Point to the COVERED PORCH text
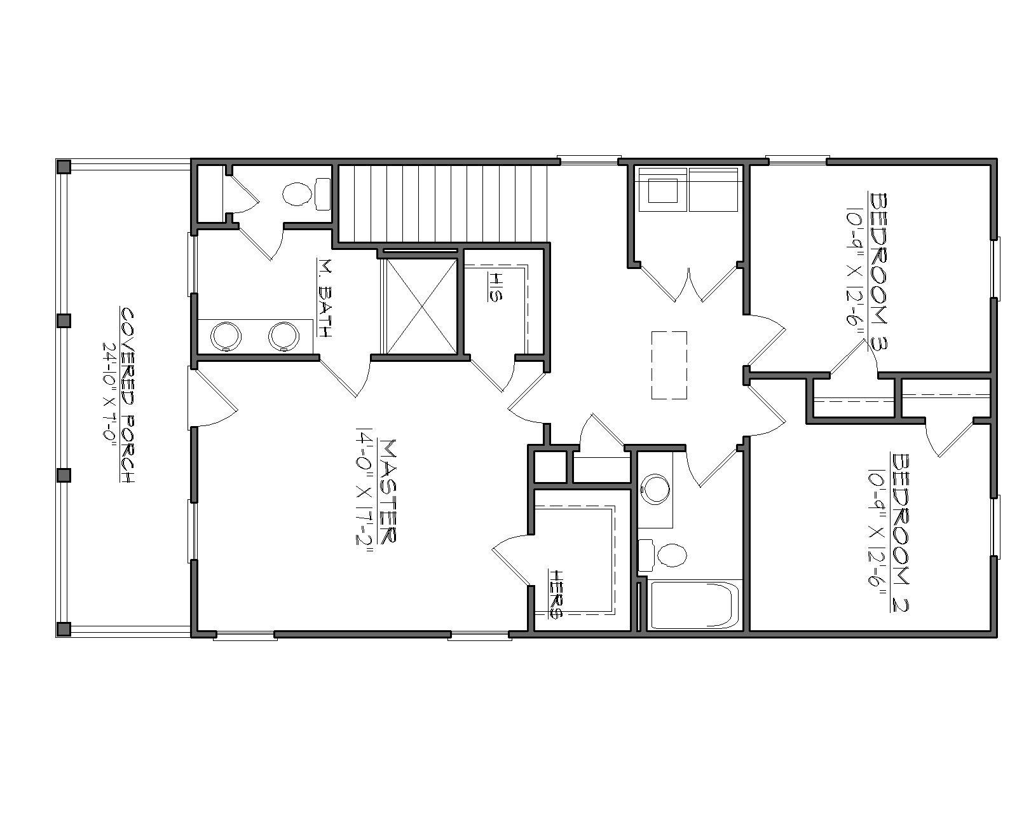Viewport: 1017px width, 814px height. pos(128,396)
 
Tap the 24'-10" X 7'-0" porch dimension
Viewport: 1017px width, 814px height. pos(109,396)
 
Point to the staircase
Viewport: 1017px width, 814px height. pos(442,203)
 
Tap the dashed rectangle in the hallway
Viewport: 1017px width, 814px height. pos(669,365)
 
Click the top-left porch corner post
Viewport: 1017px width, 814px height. pos(63,167)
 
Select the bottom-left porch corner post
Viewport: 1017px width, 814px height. pos(63,629)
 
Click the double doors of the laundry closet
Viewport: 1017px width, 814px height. pos(688,283)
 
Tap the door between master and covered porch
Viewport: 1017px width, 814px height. pos(213,397)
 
